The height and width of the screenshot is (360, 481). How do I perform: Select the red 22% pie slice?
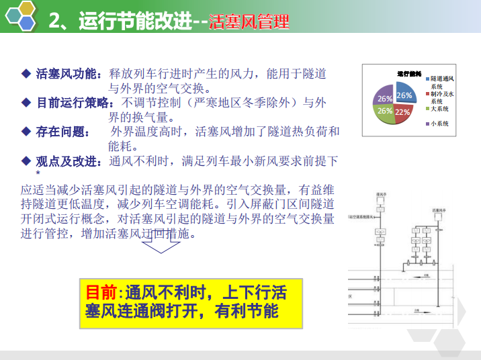tap(402, 111)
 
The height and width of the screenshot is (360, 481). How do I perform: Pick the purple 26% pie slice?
tap(384, 95)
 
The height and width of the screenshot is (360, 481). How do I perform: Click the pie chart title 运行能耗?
tap(408, 73)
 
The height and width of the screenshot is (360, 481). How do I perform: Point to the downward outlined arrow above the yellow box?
tap(161, 244)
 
